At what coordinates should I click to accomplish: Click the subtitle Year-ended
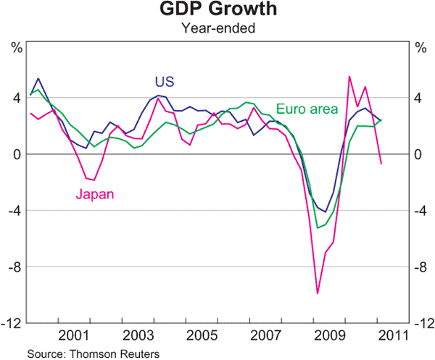[x=217, y=30]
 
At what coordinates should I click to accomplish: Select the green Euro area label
[x=307, y=109]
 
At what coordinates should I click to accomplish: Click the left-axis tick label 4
[x=16, y=99]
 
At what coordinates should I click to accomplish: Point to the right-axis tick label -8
[x=420, y=267]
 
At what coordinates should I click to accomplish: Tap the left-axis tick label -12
[x=13, y=323]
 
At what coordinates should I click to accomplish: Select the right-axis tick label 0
[x=418, y=154]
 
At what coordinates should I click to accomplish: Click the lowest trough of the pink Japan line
[x=317, y=293]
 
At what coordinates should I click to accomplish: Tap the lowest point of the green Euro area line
[x=317, y=228]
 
